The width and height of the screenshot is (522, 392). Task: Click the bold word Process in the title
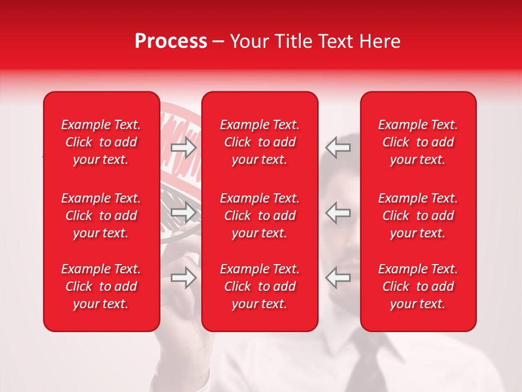(x=171, y=41)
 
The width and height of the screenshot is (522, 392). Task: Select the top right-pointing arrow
(x=184, y=148)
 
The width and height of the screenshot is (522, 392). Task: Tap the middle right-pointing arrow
(x=184, y=212)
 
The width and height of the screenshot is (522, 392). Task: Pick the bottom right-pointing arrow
(x=184, y=278)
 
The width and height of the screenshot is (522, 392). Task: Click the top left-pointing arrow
(x=338, y=148)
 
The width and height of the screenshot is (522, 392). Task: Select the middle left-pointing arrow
(x=338, y=212)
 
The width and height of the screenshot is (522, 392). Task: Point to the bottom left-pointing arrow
(x=338, y=278)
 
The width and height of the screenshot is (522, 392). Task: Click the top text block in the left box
(x=101, y=142)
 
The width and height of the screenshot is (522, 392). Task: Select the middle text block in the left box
(x=101, y=216)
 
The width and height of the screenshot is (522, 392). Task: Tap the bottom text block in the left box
(x=101, y=286)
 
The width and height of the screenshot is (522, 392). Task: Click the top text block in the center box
(x=260, y=142)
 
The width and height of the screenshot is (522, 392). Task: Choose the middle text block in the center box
(x=260, y=216)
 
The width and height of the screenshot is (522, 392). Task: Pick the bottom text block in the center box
(x=260, y=286)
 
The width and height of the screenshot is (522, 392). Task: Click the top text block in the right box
(x=418, y=142)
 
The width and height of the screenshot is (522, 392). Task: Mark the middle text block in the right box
(x=418, y=216)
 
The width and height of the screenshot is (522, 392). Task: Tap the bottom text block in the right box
(x=418, y=286)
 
